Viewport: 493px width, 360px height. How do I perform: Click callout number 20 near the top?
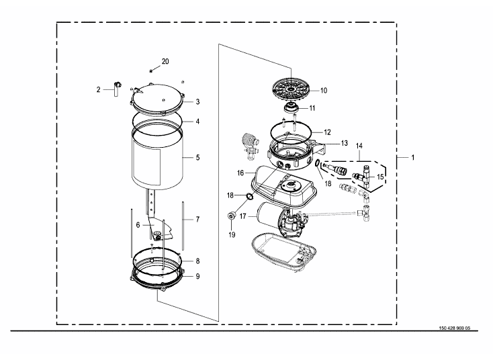click(165, 61)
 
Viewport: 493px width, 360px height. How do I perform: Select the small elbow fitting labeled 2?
click(118, 89)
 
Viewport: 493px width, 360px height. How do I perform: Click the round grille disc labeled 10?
click(292, 89)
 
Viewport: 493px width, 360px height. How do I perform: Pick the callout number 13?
click(345, 143)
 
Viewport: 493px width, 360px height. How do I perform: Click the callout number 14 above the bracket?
click(359, 146)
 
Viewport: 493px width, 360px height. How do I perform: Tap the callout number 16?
click(240, 173)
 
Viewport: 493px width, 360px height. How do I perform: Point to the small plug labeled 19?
click(232, 216)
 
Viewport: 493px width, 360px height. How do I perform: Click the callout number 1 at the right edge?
click(413, 157)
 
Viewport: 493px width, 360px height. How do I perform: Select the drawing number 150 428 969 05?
click(455, 328)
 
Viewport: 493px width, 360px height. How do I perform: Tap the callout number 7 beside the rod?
click(197, 219)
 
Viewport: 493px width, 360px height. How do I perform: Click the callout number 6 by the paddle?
click(138, 225)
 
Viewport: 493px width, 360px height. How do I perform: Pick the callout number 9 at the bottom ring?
click(197, 276)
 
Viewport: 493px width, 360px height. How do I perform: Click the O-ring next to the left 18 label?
click(250, 197)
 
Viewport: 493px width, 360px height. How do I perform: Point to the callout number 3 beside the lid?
click(197, 101)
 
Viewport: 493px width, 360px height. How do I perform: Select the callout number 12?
click(327, 132)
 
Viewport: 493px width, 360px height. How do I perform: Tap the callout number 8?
click(197, 261)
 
